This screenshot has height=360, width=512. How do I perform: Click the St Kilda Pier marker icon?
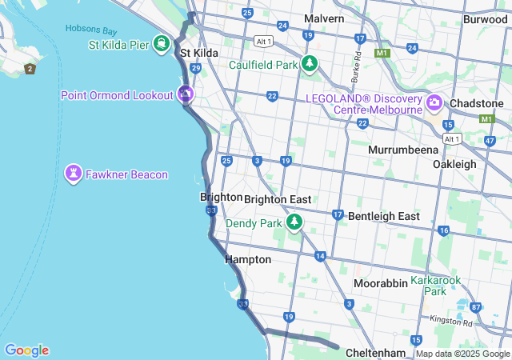click(x=162, y=42)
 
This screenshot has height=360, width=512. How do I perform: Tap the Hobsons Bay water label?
click(x=91, y=30)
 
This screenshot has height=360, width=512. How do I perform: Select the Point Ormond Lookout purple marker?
click(x=186, y=95)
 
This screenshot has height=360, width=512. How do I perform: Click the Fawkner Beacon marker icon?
click(x=74, y=174)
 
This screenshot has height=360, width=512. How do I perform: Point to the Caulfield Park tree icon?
click(x=309, y=64)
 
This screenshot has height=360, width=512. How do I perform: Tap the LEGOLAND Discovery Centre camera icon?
click(x=434, y=102)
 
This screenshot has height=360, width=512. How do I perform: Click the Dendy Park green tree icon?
click(x=294, y=222)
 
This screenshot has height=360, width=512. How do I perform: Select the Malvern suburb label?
click(x=324, y=18)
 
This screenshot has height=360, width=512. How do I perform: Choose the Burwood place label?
click(x=485, y=18)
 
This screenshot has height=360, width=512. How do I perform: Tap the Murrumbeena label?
click(x=402, y=150)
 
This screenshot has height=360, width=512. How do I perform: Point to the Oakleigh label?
click(x=454, y=164)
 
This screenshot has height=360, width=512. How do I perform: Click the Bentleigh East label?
click(x=383, y=216)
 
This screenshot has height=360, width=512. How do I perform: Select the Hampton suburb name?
click(x=248, y=260)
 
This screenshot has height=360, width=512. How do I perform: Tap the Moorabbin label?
click(x=381, y=284)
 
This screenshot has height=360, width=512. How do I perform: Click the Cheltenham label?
click(x=376, y=353)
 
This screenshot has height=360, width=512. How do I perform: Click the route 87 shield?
click(x=476, y=307)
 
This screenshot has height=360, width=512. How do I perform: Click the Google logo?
click(x=26, y=350)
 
